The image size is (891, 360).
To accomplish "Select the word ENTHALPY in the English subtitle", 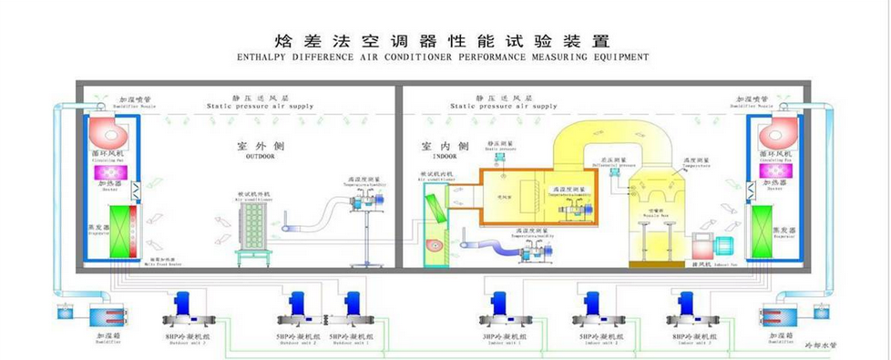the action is point(261,57).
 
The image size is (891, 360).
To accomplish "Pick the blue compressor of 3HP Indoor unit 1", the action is point(498,303).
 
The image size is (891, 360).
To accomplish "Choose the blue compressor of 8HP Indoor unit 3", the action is point(685,303).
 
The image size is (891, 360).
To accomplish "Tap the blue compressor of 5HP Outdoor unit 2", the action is point(297,303).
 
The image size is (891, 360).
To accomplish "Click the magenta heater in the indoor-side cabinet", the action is point(776,171).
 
